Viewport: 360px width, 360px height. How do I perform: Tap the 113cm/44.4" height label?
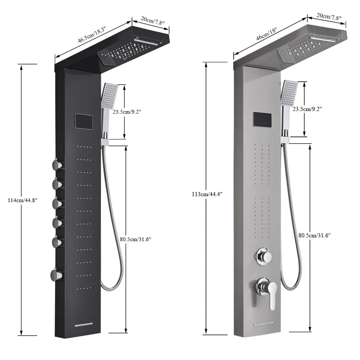pos(207,194)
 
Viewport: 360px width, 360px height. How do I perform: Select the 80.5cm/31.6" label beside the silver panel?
pos(315,235)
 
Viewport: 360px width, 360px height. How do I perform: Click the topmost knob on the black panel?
pos(57,164)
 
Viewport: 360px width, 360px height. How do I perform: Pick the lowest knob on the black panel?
pos(56,275)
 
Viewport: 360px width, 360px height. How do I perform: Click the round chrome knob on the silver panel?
pos(264,256)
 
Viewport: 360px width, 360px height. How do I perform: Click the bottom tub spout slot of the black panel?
pos(84,325)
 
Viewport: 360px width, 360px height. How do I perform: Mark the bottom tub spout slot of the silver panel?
pos(263,323)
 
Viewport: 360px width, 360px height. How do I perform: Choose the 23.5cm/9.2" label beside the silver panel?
pos(307,109)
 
